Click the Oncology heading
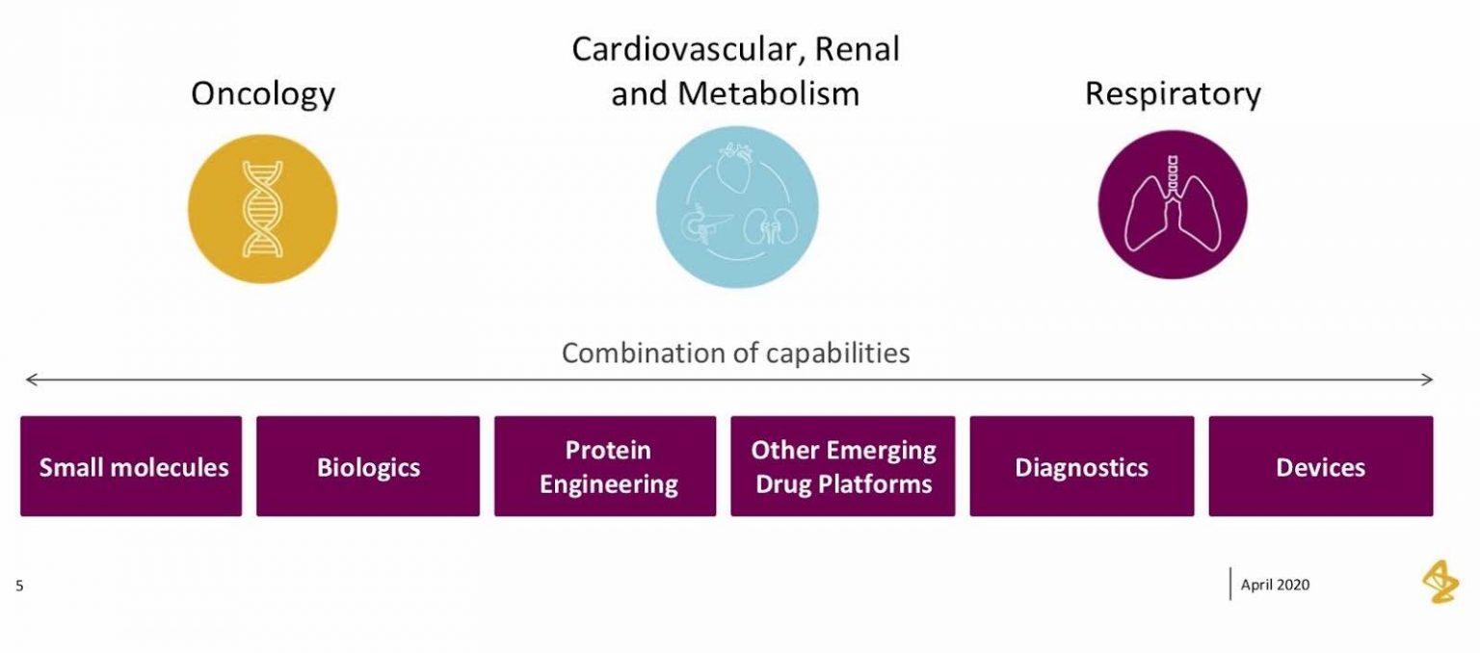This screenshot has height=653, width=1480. (263, 94)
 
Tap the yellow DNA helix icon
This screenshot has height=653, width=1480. (262, 208)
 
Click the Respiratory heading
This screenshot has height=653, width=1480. (1173, 93)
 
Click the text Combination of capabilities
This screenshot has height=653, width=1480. (735, 353)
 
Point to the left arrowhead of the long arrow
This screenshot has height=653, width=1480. (30, 380)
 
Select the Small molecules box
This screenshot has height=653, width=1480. (131, 467)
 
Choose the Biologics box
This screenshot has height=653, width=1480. (368, 467)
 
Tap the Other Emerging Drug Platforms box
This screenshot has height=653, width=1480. (843, 467)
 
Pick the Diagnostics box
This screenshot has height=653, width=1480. (1081, 467)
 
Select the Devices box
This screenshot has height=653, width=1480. (1320, 467)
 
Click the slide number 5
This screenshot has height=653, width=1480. (19, 585)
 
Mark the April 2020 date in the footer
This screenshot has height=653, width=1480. (1275, 585)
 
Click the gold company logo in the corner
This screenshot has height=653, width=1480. (1440, 583)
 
